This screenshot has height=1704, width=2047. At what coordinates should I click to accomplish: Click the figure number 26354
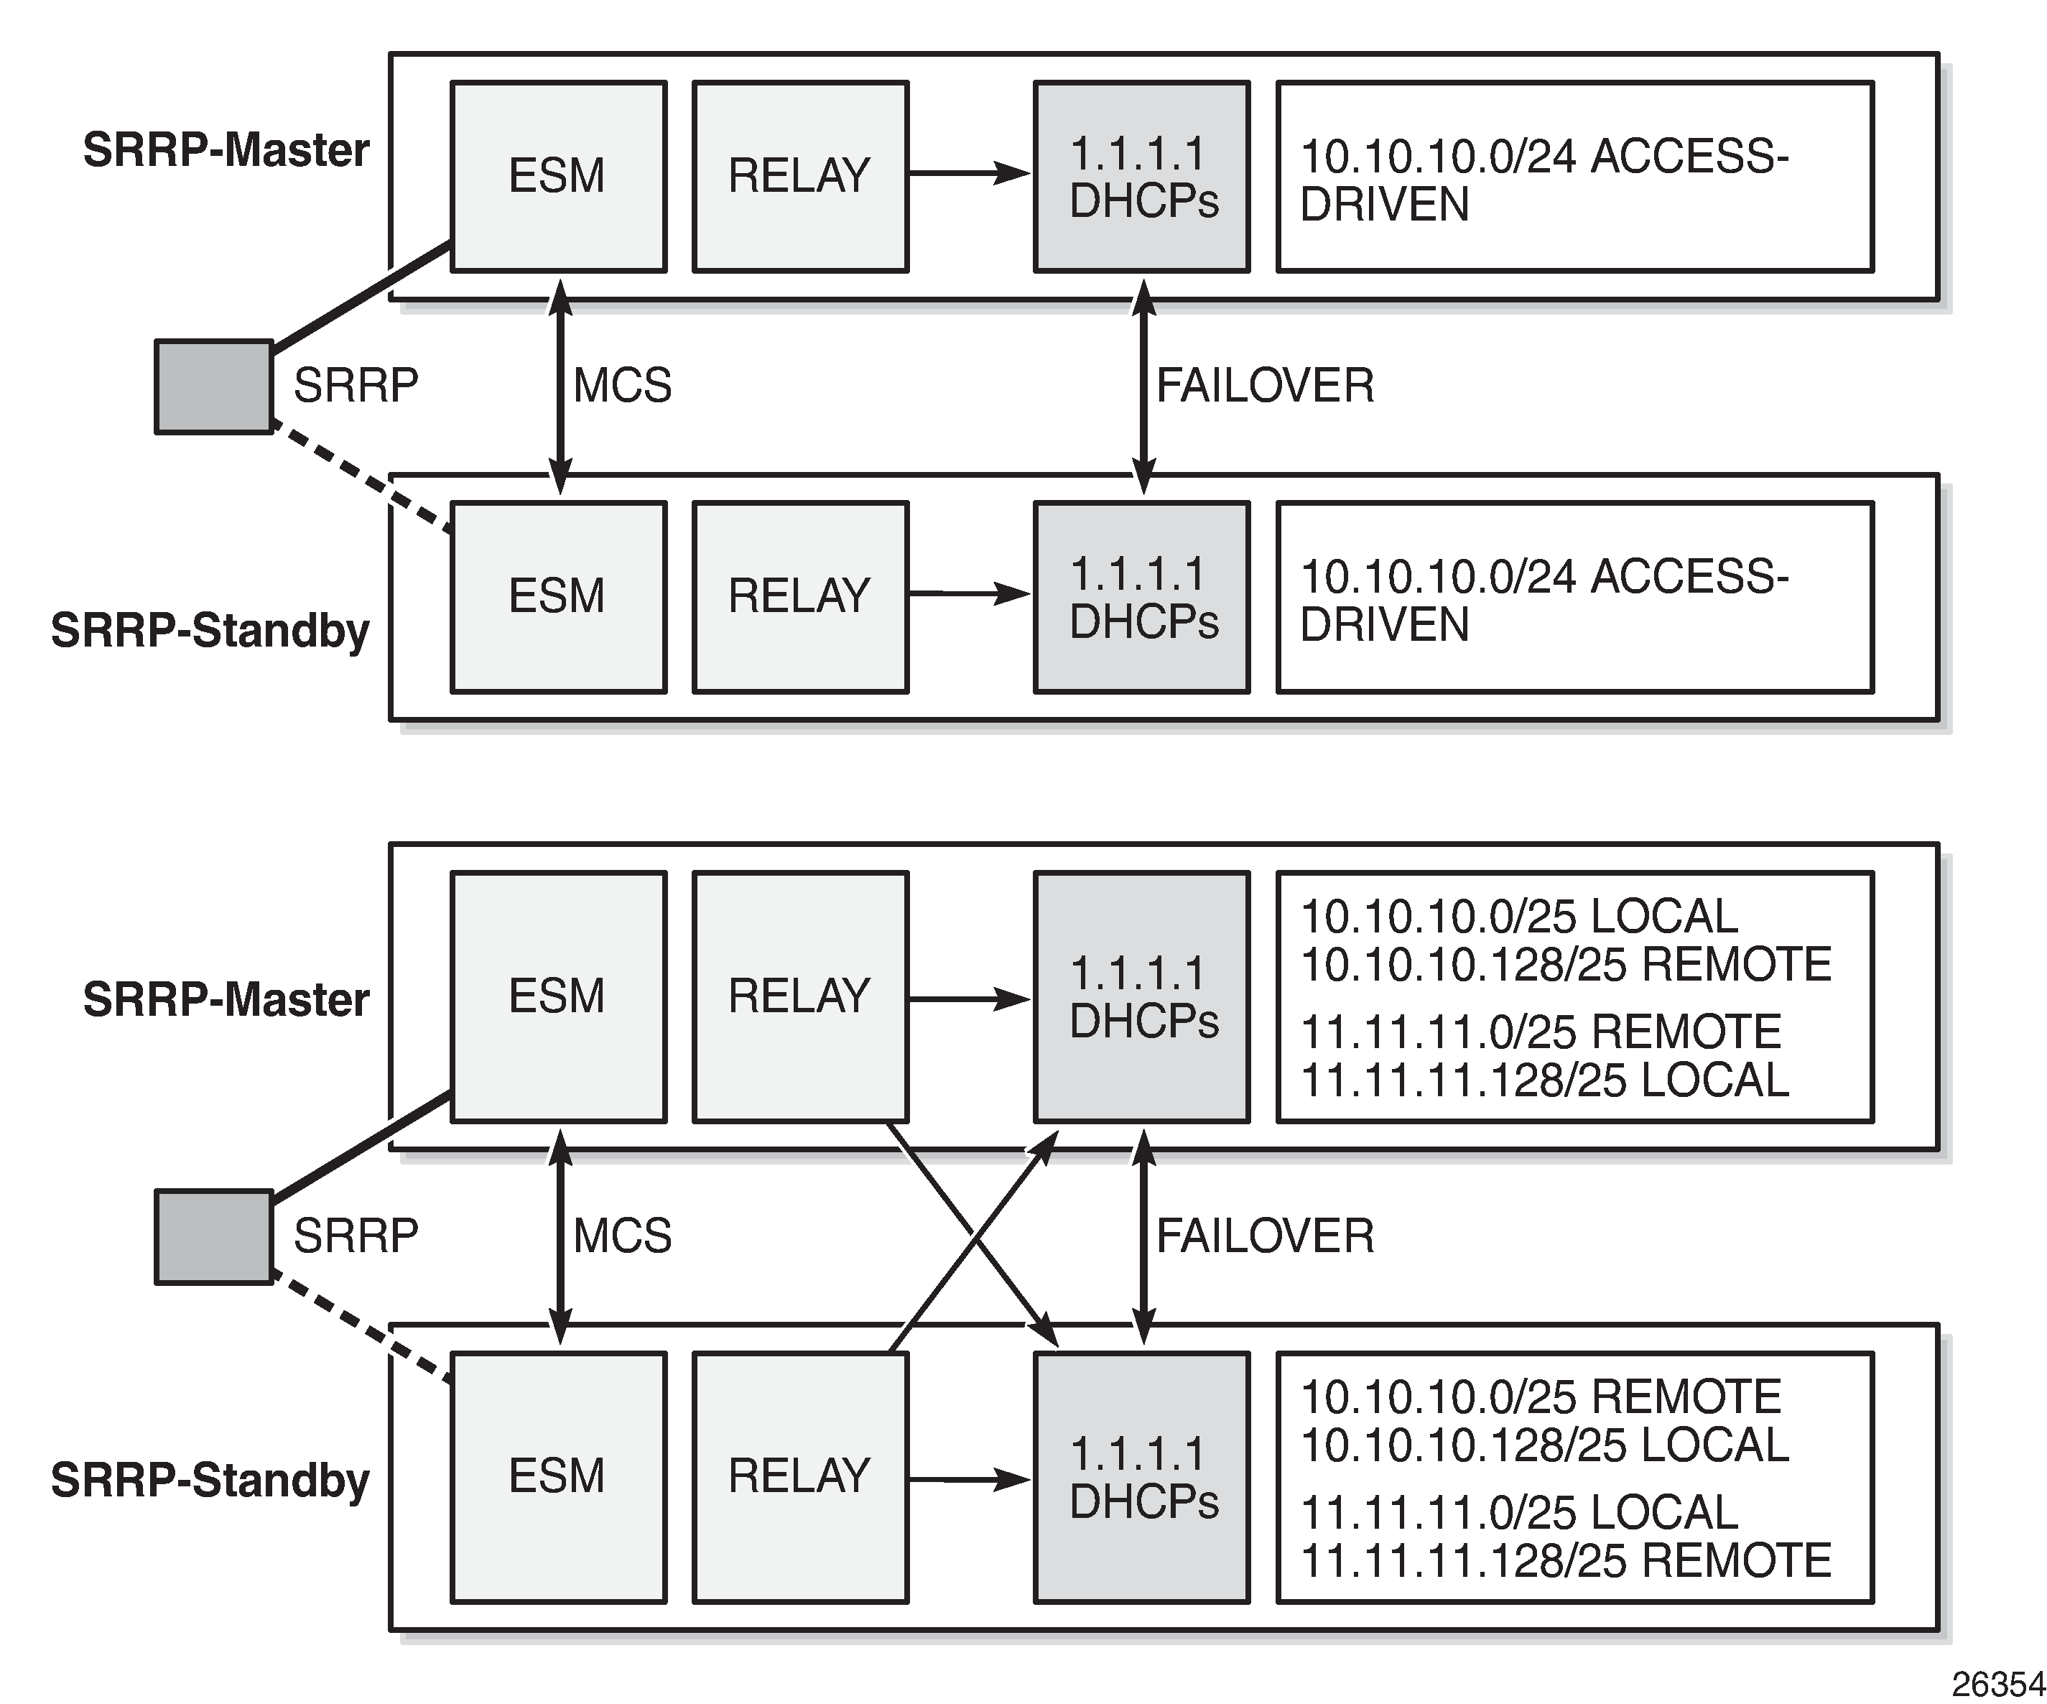[x=1997, y=1684]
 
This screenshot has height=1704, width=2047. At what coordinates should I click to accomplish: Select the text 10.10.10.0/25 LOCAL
[x=1518, y=917]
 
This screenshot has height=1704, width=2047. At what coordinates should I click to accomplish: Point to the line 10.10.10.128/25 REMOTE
[x=1566, y=964]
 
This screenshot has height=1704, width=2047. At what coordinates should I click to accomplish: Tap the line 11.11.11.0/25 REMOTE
[x=1540, y=1032]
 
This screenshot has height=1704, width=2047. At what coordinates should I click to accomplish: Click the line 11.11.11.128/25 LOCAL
[x=1544, y=1079]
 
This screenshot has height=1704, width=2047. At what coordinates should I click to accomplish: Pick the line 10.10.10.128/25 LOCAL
[x=1544, y=1444]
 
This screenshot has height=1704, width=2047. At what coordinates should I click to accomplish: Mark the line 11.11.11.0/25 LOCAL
[x=1518, y=1512]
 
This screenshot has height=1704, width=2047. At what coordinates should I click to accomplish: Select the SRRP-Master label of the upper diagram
[x=226, y=150]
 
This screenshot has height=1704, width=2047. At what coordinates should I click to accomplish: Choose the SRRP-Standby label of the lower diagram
[x=210, y=1480]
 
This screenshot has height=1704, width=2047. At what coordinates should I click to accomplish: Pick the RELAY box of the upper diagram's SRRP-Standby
[x=800, y=596]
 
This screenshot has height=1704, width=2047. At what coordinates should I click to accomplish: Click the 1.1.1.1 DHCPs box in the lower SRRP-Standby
[x=1141, y=1477]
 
